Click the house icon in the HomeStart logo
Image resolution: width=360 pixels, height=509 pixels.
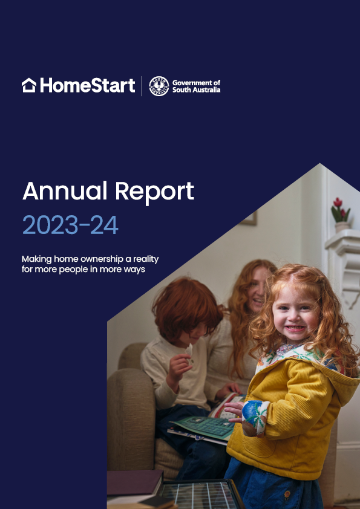(28, 85)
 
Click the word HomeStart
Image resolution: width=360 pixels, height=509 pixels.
(88, 86)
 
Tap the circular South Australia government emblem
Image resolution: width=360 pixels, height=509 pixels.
(159, 86)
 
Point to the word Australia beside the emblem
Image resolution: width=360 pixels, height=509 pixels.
(207, 90)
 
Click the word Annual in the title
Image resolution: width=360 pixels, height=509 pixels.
(65, 191)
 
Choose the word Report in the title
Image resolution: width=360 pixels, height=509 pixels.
(155, 192)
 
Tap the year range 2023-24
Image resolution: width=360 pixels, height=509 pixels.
(70, 225)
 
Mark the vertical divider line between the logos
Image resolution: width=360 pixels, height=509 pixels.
(142, 86)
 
